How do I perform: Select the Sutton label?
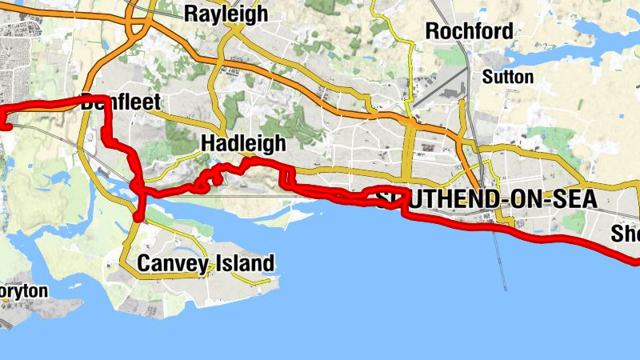click(x=508, y=77)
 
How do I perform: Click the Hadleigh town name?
click(x=243, y=143)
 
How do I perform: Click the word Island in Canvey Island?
click(x=245, y=262)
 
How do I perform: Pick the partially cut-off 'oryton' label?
click(x=24, y=291)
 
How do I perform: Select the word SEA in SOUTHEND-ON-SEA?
click(x=574, y=199)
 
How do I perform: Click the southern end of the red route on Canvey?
click(x=140, y=216)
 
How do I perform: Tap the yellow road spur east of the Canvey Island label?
click(x=252, y=279)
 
